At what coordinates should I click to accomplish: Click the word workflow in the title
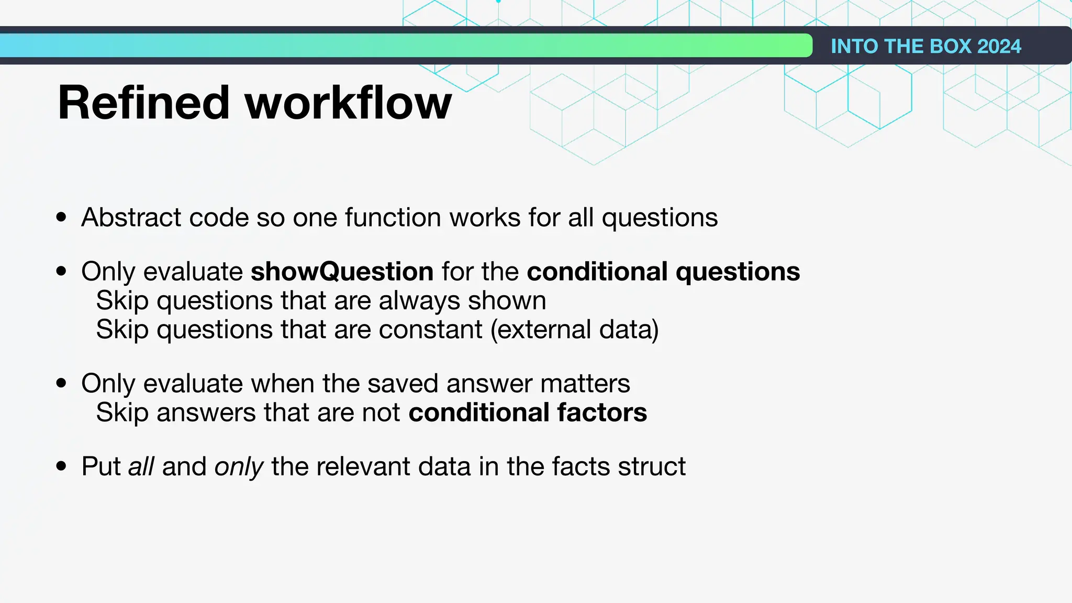pyautogui.click(x=348, y=103)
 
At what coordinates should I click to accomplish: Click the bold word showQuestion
pyautogui.click(x=342, y=272)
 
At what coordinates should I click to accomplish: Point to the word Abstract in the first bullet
pyautogui.click(x=131, y=217)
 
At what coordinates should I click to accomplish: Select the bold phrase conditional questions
pyautogui.click(x=663, y=272)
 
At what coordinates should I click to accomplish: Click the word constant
pyautogui.click(x=431, y=330)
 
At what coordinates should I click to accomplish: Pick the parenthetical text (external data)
pyautogui.click(x=574, y=330)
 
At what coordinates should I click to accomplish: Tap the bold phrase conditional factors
pyautogui.click(x=528, y=412)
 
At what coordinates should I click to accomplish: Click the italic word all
pyautogui.click(x=141, y=466)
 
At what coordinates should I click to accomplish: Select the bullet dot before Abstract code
pyautogui.click(x=62, y=217)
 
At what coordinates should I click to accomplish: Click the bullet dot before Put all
pyautogui.click(x=62, y=466)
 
